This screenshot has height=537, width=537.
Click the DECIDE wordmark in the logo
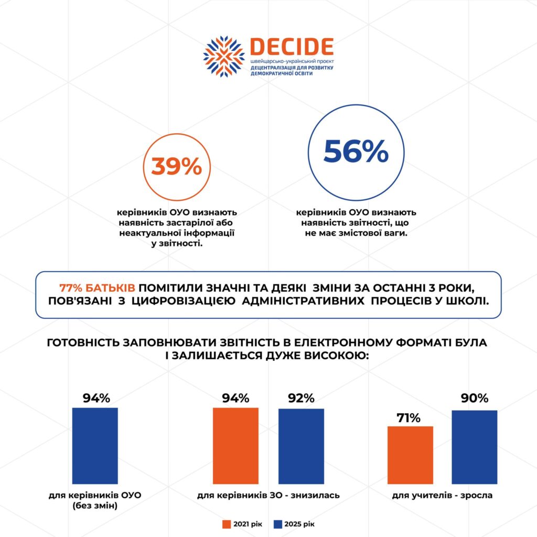[x=292, y=47]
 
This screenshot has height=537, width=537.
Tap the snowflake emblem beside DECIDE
[x=224, y=57]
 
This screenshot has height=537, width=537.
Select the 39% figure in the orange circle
[x=177, y=167]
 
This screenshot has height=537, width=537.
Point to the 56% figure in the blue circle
[x=356, y=152]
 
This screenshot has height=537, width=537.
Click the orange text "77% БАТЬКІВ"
[x=98, y=288]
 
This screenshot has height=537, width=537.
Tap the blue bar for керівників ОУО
[x=95, y=445]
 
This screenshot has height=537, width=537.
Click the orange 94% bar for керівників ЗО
[x=235, y=445]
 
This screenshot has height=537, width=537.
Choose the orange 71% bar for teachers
[x=410, y=455]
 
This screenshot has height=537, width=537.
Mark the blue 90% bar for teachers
[x=474, y=447]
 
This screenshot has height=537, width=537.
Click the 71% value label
[x=409, y=418]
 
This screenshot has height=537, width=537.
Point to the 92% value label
[x=301, y=399]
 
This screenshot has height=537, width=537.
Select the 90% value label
[x=475, y=399]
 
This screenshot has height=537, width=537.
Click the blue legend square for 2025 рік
[x=278, y=524]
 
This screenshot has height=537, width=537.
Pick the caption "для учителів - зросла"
[x=442, y=495]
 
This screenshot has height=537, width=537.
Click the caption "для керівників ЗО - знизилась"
[x=268, y=495]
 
